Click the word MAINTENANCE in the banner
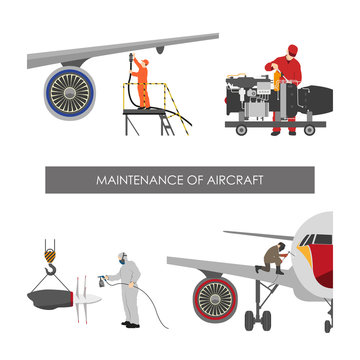(x=135, y=180)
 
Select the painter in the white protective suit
(x=128, y=290)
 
